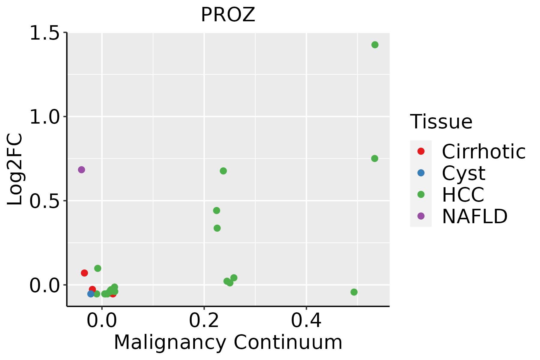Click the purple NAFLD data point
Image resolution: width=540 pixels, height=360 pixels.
click(x=81, y=170)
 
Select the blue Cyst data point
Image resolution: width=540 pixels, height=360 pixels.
click(x=91, y=294)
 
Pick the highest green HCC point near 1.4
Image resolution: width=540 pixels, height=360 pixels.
click(x=375, y=45)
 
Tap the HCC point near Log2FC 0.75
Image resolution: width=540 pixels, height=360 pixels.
click(x=374, y=158)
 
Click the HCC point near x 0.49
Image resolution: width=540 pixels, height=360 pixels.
click(x=354, y=292)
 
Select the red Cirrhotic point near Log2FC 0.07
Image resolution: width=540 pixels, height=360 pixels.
click(x=84, y=273)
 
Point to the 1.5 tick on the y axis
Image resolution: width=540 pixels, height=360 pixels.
click(x=44, y=33)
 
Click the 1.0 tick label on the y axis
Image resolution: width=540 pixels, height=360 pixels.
click(x=44, y=117)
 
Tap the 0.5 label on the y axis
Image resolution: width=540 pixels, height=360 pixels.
click(x=44, y=201)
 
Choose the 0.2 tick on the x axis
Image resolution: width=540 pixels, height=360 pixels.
click(x=204, y=321)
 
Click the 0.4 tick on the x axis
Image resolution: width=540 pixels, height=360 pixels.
click(x=306, y=321)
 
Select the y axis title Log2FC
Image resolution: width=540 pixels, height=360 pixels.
click(x=15, y=169)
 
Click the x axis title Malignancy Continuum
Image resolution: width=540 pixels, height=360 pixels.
click(x=228, y=343)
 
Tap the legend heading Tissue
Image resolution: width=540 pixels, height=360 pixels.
click(x=441, y=122)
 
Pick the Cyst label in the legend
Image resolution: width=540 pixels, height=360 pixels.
click(x=463, y=173)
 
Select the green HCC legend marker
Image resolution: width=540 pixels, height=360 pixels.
click(x=421, y=194)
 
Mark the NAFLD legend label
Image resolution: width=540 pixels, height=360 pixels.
click(x=475, y=216)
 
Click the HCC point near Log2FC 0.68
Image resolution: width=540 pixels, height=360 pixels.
click(x=223, y=171)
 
